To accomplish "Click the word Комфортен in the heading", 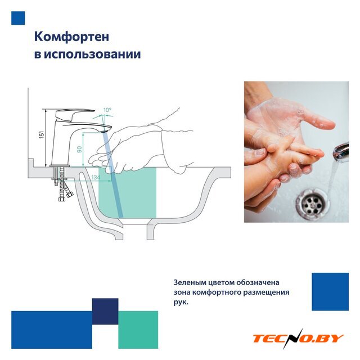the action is coord(71,37).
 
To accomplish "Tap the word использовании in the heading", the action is coord(92,55).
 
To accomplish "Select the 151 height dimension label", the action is coord(42,135).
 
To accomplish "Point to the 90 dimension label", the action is coord(79,150).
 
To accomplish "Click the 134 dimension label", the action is coord(96,177).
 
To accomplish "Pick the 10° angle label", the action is coord(107,110).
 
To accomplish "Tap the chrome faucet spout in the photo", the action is coord(341,151).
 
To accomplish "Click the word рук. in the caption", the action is coord(181,303).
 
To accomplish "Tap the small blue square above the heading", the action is coord(18,18).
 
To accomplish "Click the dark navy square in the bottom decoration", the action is coord(105,311).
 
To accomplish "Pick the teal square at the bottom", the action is coord(138,330).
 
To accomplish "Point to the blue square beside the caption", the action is coord(330,291).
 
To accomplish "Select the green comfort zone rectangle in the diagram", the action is coord(128,192).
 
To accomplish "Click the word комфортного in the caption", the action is coord(217,292).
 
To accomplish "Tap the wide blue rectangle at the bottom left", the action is coord(52,330).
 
